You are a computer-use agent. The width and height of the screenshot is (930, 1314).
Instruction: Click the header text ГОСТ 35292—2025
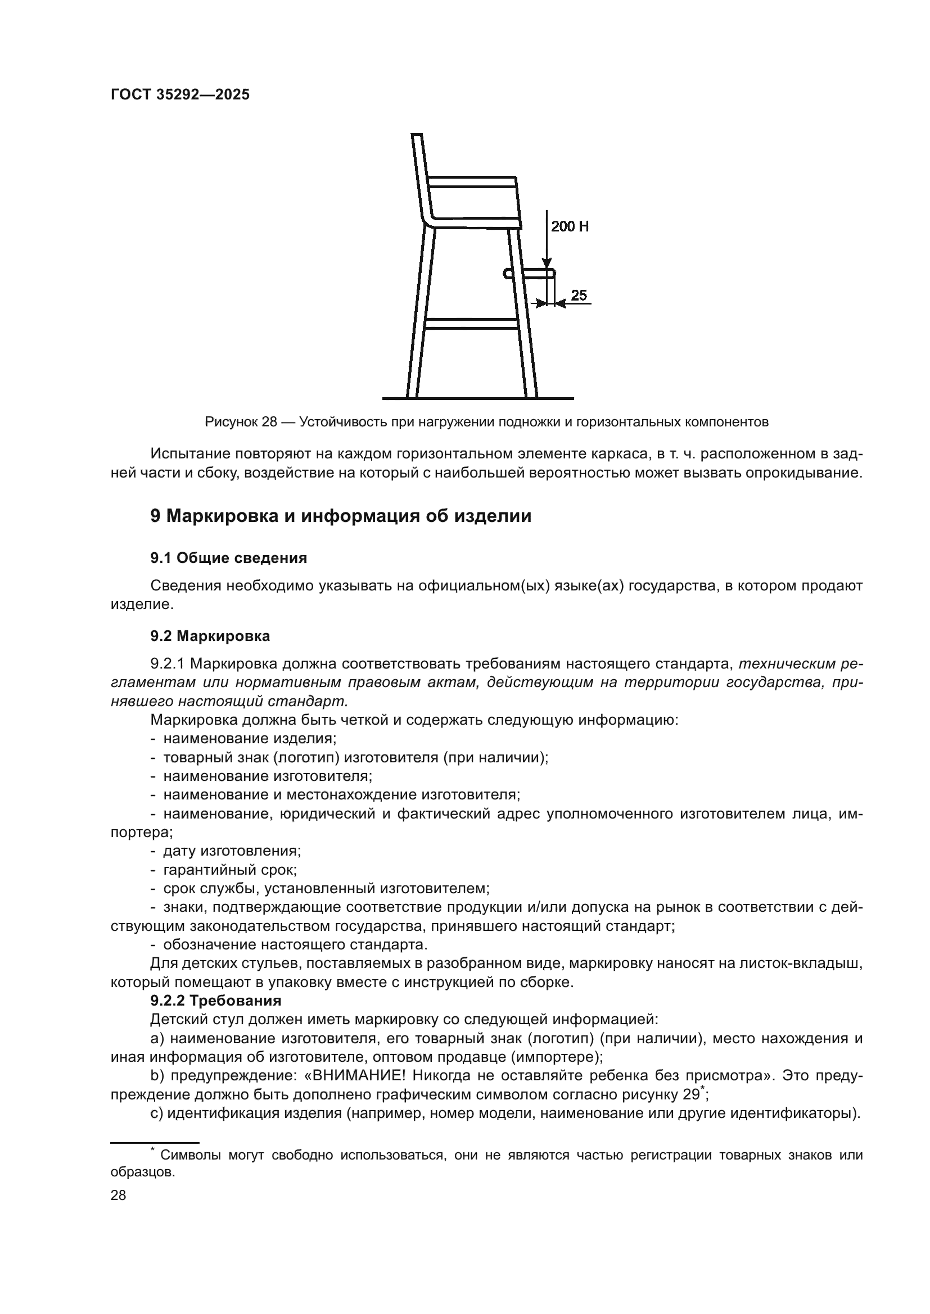(x=180, y=95)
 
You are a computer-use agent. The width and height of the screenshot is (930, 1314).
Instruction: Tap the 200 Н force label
(x=569, y=226)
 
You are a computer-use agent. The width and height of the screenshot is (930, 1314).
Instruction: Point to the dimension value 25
(x=579, y=295)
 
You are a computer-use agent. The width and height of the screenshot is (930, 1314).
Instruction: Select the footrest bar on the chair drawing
(x=530, y=274)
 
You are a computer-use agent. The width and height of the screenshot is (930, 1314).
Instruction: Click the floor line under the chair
(x=477, y=398)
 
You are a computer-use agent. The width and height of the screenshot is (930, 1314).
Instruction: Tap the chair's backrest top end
(x=417, y=136)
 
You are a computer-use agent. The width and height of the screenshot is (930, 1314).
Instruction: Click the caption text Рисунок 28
(x=241, y=422)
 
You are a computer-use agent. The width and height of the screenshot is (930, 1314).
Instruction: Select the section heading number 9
(x=155, y=516)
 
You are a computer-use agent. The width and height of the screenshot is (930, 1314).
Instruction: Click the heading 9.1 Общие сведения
(x=228, y=558)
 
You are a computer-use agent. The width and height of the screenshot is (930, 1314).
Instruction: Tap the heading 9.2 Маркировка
(x=210, y=636)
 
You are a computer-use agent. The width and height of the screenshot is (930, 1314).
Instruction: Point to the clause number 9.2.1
(x=167, y=664)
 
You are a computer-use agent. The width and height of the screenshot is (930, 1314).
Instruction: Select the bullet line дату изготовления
(x=232, y=851)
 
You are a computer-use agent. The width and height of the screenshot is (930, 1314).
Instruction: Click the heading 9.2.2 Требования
(x=216, y=1001)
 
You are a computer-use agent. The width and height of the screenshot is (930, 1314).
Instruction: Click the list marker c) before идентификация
(x=156, y=1113)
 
